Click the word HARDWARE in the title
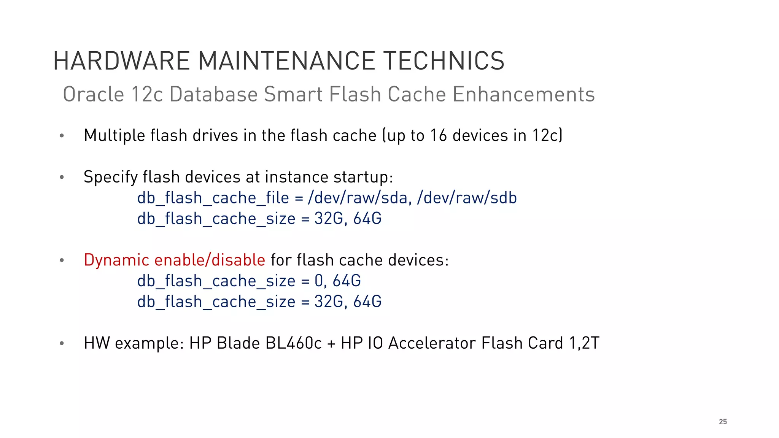click(x=121, y=61)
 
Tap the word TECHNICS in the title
click(x=444, y=61)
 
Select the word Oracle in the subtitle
click(x=94, y=94)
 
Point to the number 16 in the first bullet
click(x=439, y=136)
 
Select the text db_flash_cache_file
click(x=213, y=198)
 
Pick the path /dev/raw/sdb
click(x=467, y=198)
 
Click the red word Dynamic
click(x=116, y=260)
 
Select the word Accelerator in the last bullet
click(x=432, y=343)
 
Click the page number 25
click(x=723, y=422)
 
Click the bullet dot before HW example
click(x=62, y=343)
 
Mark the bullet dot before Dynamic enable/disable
click(x=62, y=260)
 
